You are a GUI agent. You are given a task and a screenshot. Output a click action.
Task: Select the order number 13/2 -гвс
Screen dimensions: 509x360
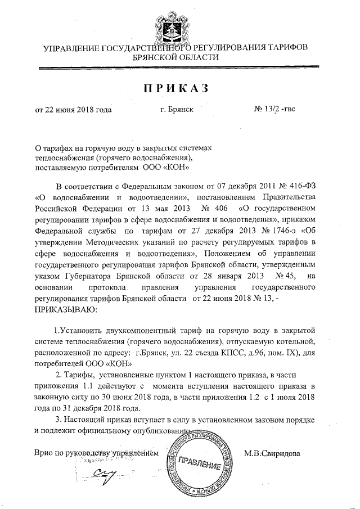pyautogui.click(x=274, y=109)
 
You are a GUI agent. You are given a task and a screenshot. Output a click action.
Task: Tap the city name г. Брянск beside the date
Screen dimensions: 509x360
pyautogui.click(x=177, y=109)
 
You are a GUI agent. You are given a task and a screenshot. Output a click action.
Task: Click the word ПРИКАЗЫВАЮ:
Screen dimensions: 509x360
pyautogui.click(x=65, y=309)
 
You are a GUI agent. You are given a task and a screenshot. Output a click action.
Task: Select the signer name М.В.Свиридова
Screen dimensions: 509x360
pyautogui.click(x=276, y=453)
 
